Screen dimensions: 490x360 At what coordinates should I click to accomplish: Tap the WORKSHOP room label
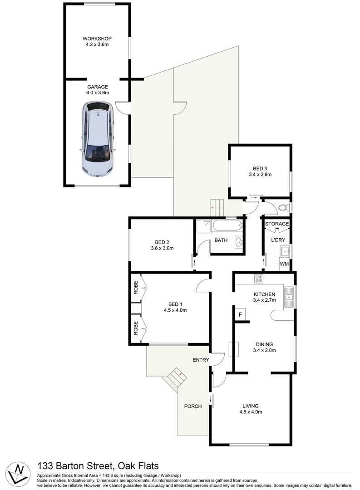(x=97, y=39)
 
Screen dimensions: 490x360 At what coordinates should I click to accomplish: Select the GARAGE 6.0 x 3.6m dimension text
(x=98, y=93)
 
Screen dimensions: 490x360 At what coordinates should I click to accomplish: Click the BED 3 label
(x=260, y=168)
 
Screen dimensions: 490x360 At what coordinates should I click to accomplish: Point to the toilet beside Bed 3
(x=283, y=208)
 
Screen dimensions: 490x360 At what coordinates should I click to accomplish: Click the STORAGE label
(x=277, y=224)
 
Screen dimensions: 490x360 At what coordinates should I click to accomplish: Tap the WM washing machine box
(x=285, y=264)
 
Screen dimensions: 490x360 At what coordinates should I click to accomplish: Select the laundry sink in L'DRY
(x=285, y=250)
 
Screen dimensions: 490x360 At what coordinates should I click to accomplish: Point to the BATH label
(x=221, y=240)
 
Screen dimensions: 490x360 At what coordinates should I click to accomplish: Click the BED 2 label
(x=162, y=242)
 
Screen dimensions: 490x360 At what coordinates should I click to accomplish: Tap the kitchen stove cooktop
(x=259, y=278)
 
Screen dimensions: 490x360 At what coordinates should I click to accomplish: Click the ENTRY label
(x=201, y=360)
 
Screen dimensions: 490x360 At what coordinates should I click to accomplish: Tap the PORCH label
(x=193, y=406)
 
